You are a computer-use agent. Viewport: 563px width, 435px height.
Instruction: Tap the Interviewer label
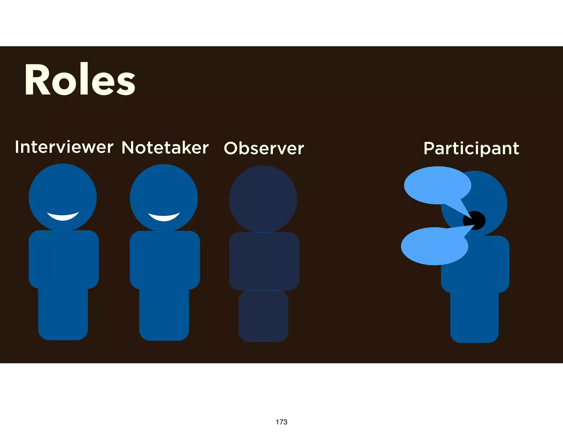[64, 147]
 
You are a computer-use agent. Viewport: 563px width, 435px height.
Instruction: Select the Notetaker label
[165, 148]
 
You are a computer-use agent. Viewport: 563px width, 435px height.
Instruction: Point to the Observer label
[264, 148]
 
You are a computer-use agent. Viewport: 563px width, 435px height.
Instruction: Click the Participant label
[471, 149]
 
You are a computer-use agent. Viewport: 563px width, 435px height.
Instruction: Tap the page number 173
[281, 422]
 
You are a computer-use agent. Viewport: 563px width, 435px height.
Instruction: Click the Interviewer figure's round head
[63, 190]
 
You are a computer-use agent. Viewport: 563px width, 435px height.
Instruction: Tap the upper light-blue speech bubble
[437, 185]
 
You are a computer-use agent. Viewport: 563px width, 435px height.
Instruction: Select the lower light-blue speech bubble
[434, 246]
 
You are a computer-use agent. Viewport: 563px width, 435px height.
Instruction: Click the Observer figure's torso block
[264, 261]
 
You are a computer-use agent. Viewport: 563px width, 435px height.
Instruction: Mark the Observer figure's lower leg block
[263, 316]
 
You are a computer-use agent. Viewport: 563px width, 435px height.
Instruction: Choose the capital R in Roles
[37, 80]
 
